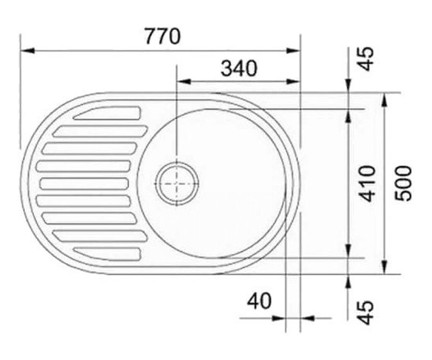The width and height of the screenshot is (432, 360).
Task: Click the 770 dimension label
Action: tap(163, 36)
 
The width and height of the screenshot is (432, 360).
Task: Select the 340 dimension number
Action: tap(239, 68)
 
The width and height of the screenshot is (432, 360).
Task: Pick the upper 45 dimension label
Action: tap(366, 59)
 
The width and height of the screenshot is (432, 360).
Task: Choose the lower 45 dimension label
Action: tap(366, 312)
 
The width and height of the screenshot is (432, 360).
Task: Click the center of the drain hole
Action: tap(176, 184)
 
